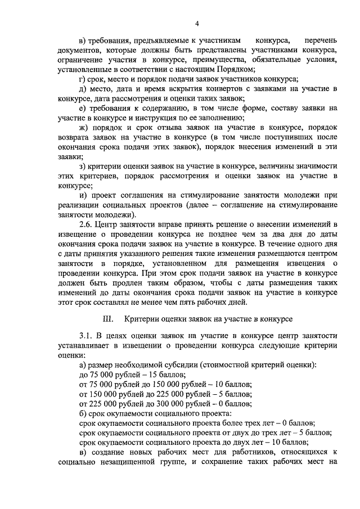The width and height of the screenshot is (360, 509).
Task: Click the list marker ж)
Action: point(84,128)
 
